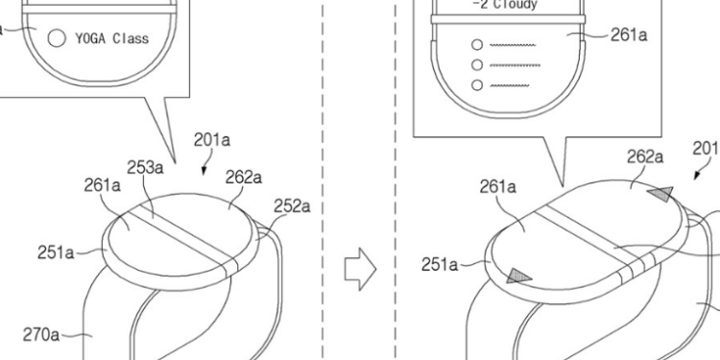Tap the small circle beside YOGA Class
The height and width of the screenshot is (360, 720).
pyautogui.click(x=57, y=39)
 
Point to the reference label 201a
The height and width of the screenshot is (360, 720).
pyautogui.click(x=212, y=140)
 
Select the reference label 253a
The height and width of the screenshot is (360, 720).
pyautogui.click(x=145, y=167)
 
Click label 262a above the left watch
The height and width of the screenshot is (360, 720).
pyautogui.click(x=245, y=177)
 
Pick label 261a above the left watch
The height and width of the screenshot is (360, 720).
pyautogui.click(x=102, y=185)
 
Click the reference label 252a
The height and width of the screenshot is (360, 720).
pyautogui.click(x=292, y=205)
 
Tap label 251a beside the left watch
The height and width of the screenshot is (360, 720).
pyautogui.click(x=56, y=252)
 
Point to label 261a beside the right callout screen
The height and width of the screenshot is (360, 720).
pyautogui.click(x=629, y=35)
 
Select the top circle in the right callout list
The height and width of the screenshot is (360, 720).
pyautogui.click(x=475, y=44)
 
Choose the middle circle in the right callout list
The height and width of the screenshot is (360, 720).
pyautogui.click(x=475, y=64)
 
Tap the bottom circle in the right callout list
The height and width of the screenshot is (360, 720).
pyautogui.click(x=475, y=84)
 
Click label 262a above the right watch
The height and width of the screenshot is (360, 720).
pyautogui.click(x=645, y=156)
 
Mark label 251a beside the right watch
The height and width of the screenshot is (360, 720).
pyautogui.click(x=441, y=263)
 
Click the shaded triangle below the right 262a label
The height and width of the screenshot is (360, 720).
pyautogui.click(x=660, y=195)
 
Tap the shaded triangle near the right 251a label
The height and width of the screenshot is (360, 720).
pyautogui.click(x=518, y=276)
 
